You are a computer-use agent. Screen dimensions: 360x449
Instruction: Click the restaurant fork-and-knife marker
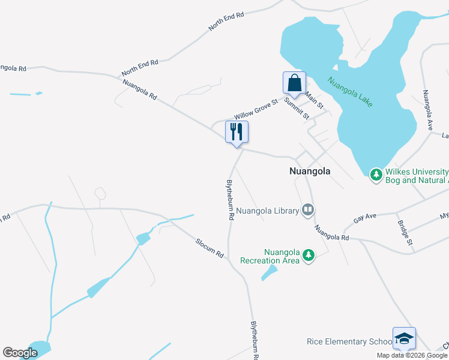[237, 132]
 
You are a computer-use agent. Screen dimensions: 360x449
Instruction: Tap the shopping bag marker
[294, 83]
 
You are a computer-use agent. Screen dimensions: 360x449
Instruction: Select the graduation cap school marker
[404, 337]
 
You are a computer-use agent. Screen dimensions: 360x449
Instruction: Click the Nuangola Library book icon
[308, 209]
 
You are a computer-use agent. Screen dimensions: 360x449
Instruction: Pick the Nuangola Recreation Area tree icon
[309, 256]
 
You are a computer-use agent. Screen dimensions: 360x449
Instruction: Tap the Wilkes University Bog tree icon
[376, 175]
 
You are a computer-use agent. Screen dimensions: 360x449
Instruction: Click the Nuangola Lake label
[350, 92]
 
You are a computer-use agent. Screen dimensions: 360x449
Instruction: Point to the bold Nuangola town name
[310, 171]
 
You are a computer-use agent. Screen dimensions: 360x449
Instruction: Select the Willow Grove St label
[256, 109]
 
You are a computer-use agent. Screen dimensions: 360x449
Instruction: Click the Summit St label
[297, 108]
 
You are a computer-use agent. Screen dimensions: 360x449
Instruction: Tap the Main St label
[314, 100]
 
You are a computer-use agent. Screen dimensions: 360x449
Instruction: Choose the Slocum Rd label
[209, 248]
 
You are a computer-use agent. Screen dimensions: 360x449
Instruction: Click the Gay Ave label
[364, 220]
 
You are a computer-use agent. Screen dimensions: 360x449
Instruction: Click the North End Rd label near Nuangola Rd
[140, 67]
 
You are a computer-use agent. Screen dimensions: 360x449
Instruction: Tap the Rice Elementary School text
[349, 342]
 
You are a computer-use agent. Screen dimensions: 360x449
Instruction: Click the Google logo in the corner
[20, 353]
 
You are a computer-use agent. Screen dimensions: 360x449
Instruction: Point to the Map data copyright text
[412, 355]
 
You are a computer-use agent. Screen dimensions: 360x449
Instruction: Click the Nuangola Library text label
[267, 211]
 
